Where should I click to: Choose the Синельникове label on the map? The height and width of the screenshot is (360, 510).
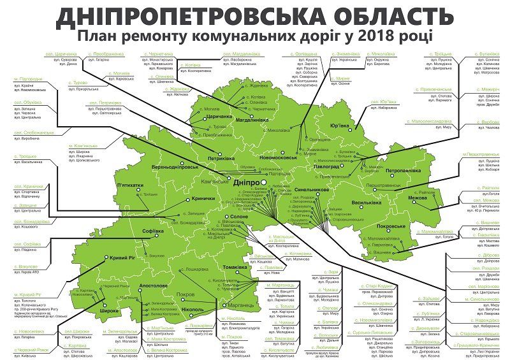[312, 191]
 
